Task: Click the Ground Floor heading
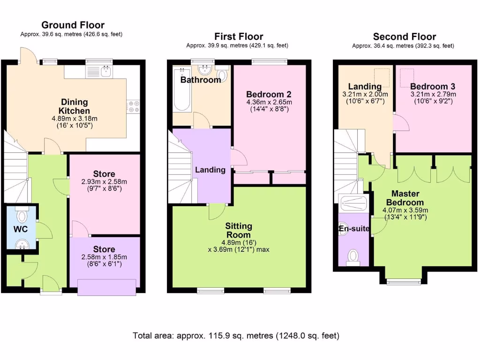click(x=73, y=25)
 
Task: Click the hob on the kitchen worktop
click(x=133, y=107)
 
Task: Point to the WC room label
click(x=20, y=229)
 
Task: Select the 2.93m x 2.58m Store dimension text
click(x=104, y=182)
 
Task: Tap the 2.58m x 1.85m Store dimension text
click(x=104, y=257)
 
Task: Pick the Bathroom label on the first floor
click(x=200, y=80)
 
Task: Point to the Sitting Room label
click(x=239, y=231)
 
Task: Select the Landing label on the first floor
click(x=210, y=170)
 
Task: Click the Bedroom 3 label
click(x=432, y=86)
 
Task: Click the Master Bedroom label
click(x=405, y=198)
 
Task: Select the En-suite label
click(x=354, y=229)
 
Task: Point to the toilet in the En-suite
click(x=353, y=256)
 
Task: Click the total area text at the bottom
click(x=236, y=336)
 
